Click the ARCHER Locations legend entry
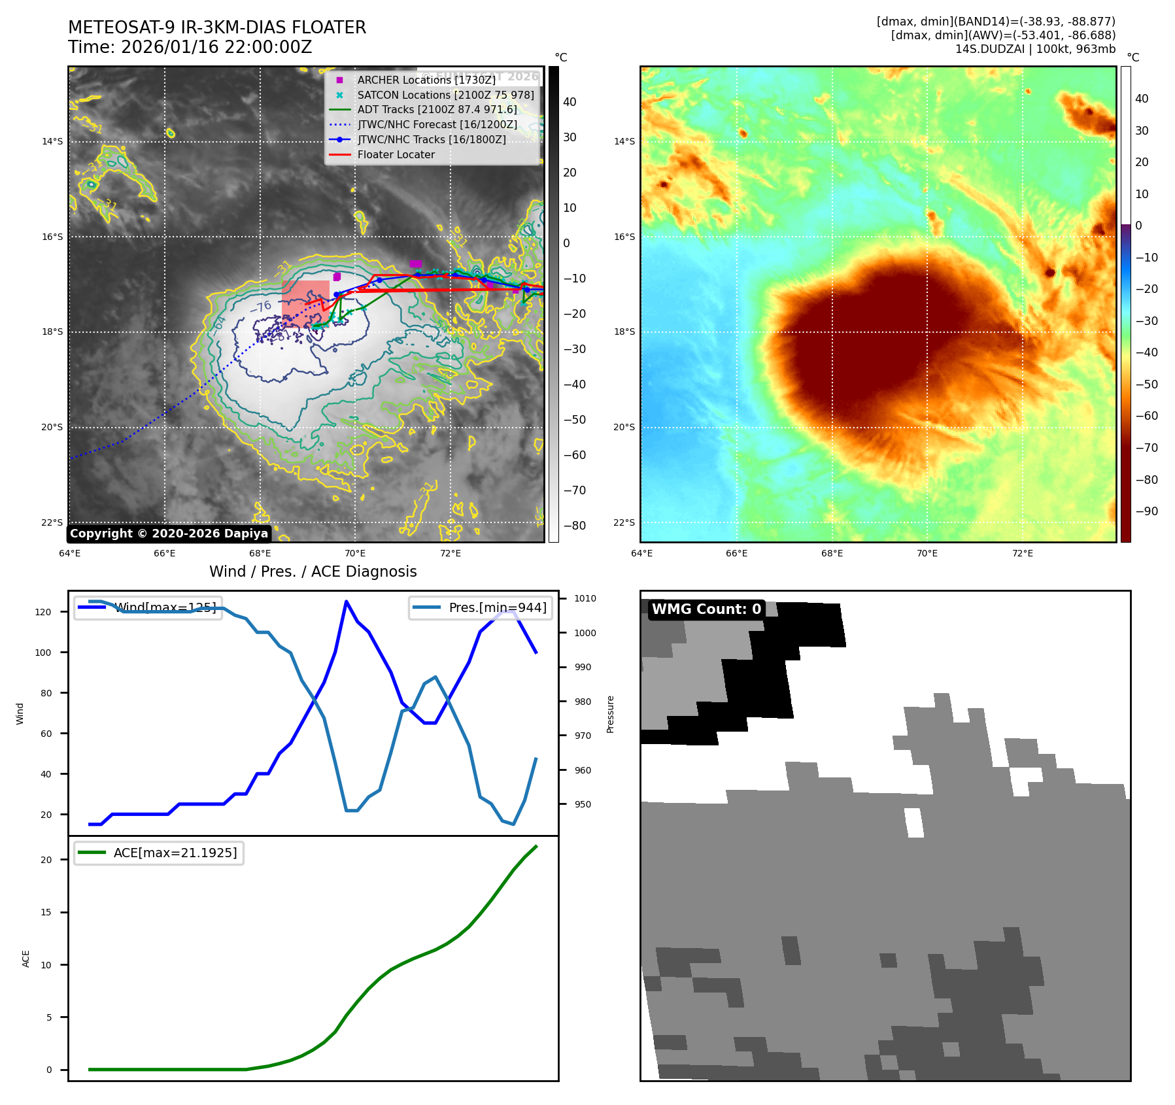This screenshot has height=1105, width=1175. point(426,80)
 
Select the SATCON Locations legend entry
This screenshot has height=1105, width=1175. point(445,95)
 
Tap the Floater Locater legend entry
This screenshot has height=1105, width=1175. point(396,155)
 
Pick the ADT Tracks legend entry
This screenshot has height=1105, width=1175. point(437,110)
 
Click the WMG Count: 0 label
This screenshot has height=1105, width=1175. point(706,609)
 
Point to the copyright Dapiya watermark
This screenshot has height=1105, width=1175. point(169,534)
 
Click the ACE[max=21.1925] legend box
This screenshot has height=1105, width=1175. point(159,853)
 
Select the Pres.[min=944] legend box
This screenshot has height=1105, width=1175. point(481,607)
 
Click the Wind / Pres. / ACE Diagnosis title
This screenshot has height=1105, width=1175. point(313,571)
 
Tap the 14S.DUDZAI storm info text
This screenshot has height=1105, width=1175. point(1035,49)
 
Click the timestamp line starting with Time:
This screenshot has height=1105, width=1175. point(190,47)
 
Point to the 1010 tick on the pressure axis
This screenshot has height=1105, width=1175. point(585,598)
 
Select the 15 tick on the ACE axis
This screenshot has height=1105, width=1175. point(46,912)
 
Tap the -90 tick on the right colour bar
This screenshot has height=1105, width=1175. point(1146,511)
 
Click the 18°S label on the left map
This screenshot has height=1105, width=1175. point(52,332)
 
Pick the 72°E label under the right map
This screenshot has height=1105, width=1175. point(1022,554)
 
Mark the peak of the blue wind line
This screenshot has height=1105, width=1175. point(346,601)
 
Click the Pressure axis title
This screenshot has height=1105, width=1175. point(610,714)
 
